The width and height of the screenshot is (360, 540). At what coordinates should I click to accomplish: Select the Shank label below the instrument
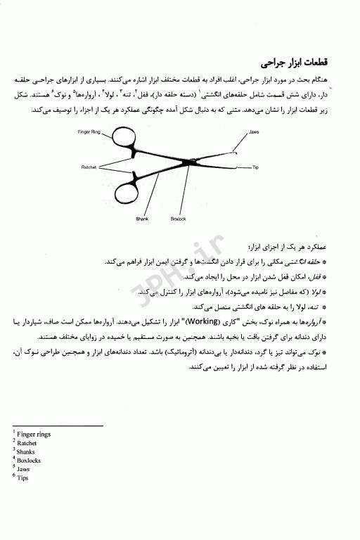click(142, 218)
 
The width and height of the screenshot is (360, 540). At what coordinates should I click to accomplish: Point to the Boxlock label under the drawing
click(176, 218)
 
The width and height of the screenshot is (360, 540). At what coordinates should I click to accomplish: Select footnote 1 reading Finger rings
click(32, 434)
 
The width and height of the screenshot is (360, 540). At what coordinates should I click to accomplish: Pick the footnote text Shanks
click(26, 451)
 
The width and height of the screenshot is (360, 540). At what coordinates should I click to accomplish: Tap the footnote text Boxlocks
click(29, 461)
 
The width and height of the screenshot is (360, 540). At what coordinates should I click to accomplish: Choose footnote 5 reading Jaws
click(24, 469)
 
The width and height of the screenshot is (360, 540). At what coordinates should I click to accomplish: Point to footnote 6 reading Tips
click(23, 478)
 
